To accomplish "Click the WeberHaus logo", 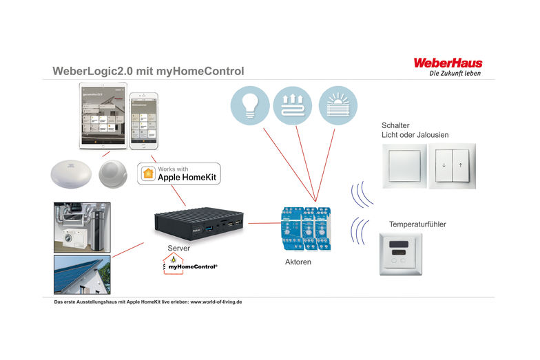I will coord(447,63).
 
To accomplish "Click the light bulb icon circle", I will coord(249,105).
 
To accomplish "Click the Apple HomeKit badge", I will coord(180,173).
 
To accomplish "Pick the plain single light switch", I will coord(404,166).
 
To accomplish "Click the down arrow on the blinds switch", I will coord(443,166).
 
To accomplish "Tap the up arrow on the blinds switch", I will coord(460,166).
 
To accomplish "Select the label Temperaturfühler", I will coord(417,224).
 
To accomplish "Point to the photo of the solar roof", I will coord(82,275).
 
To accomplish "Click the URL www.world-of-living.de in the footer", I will coord(216,301).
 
